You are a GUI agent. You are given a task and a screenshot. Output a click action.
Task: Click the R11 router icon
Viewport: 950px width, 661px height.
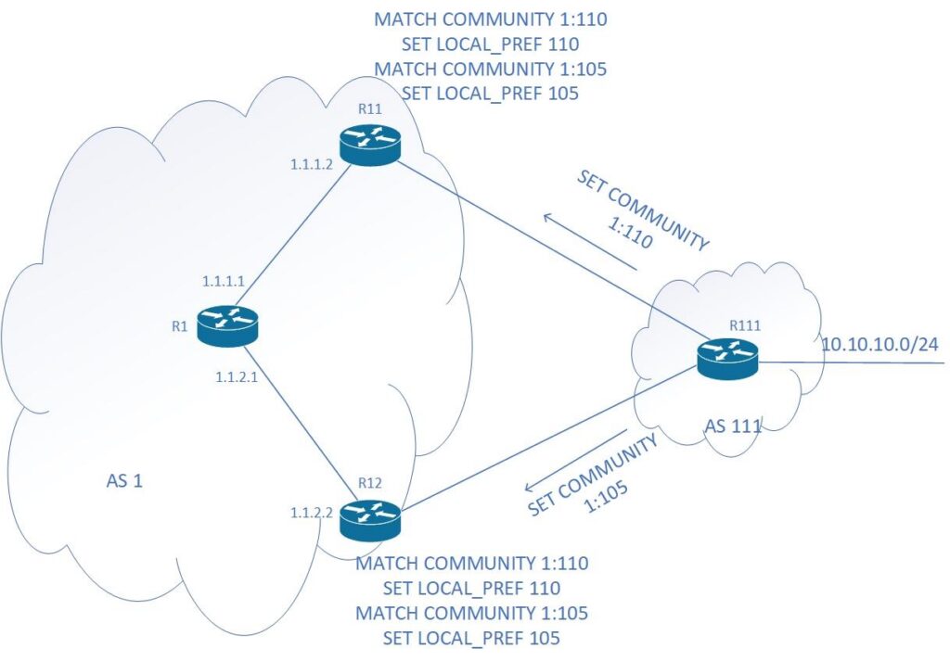pos(369,146)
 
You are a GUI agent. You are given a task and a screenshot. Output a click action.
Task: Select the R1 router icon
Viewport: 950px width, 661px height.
pos(227,325)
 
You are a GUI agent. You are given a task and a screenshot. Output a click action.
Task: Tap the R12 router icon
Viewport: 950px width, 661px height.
pos(369,520)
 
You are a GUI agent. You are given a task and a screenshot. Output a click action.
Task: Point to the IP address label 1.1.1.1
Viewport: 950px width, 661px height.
pos(224,278)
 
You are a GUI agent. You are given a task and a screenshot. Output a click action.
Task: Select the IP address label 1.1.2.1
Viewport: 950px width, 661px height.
pos(237,377)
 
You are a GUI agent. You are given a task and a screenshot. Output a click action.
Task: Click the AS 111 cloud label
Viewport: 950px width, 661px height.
pos(733,427)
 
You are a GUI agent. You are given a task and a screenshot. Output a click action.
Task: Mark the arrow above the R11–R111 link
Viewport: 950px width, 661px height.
pos(589,243)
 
